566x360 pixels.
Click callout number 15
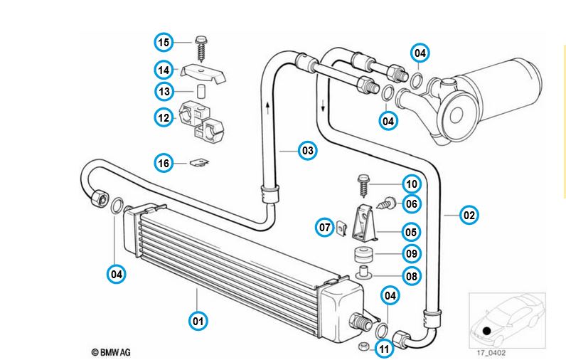point(164,43)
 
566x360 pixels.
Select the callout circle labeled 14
point(164,70)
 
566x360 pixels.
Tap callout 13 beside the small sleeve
point(164,92)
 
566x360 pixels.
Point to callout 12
point(164,117)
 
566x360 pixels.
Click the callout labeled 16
point(164,164)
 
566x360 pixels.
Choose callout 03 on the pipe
point(307,150)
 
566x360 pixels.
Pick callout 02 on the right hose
point(469,214)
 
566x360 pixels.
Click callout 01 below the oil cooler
point(198,322)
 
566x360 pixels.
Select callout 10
point(411,184)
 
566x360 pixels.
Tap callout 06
point(411,203)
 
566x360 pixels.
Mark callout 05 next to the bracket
point(411,231)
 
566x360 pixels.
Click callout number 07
point(325,228)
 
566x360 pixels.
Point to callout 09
point(411,253)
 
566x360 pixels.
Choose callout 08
point(411,276)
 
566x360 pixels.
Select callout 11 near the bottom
point(385,349)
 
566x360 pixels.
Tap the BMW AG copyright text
point(111,351)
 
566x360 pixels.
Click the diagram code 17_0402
point(491,352)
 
